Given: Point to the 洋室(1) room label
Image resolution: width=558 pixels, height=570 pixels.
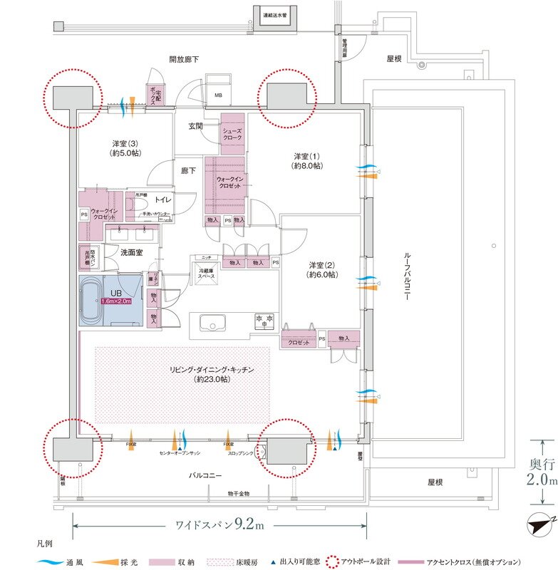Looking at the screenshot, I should point(307,160).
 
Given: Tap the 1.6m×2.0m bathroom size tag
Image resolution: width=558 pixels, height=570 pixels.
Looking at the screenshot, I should point(121,301).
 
